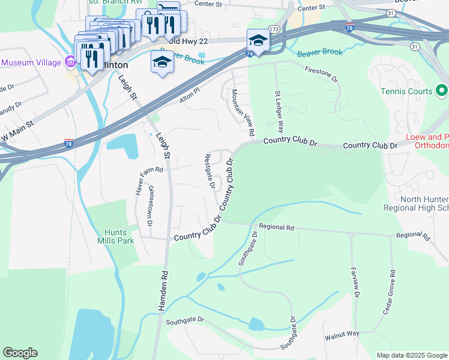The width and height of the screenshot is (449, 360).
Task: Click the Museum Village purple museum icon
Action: click(x=70, y=62)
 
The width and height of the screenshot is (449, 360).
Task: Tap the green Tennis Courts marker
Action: click(x=442, y=91)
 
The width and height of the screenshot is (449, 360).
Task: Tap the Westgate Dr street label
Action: click(x=209, y=171)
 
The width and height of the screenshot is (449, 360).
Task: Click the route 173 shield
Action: click(x=274, y=29)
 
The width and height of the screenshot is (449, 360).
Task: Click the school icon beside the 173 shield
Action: click(x=258, y=40)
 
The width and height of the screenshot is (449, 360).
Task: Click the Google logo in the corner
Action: click(x=20, y=353)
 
